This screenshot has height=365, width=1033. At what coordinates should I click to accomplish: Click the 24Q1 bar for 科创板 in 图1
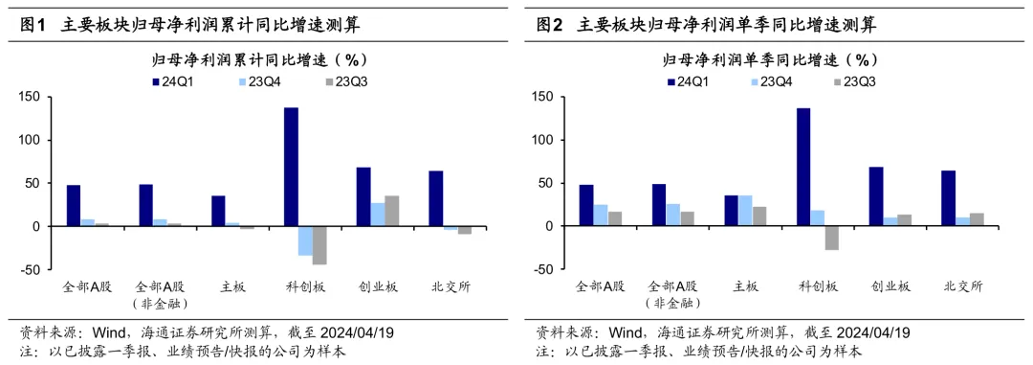point(291,167)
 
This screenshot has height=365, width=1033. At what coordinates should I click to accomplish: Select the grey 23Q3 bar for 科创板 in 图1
point(319,245)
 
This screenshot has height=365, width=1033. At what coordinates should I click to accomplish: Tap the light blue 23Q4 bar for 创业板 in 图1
point(378,215)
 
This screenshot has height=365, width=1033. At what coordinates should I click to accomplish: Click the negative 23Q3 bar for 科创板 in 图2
point(831,238)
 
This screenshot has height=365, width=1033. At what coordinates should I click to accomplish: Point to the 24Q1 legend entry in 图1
point(176,81)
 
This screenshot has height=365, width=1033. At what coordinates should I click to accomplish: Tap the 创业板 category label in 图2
point(890,286)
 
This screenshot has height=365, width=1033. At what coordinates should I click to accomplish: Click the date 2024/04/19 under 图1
point(354,333)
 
